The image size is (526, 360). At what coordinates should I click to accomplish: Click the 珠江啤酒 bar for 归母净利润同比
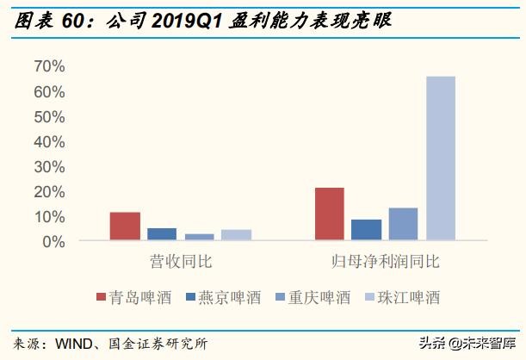coord(441,158)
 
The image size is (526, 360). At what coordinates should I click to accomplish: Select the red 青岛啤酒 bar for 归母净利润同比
coord(330,214)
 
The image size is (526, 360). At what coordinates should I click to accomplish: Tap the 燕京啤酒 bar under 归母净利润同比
coord(367,230)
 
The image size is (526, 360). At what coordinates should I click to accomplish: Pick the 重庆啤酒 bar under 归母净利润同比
coord(403,224)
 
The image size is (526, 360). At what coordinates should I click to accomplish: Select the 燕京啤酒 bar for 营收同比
coord(162,234)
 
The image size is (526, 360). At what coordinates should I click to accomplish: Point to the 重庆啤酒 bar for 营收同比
coord(199,237)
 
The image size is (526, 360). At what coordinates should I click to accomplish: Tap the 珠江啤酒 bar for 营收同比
coord(236,235)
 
